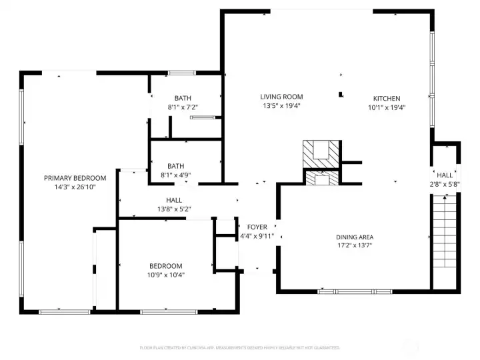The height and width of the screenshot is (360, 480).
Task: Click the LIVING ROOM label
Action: click(281, 97)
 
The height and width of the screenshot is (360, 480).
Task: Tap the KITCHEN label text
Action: click(386, 99)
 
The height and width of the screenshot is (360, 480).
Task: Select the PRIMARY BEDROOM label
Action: click(75, 178)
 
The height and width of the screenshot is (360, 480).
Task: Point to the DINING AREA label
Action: click(354, 237)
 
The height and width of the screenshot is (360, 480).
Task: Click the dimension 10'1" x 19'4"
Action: click(386, 107)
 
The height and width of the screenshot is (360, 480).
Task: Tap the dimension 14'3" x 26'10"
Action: click(75, 187)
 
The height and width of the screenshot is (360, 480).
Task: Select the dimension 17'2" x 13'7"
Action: click(354, 246)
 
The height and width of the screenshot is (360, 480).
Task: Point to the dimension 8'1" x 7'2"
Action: click(183, 107)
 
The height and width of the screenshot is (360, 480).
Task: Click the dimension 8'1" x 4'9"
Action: click(176, 175)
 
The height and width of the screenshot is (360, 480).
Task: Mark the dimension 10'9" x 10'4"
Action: click(165, 274)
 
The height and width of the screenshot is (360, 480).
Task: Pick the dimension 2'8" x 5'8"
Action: click(445, 184)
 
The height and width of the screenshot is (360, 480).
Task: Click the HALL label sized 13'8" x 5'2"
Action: click(174, 200)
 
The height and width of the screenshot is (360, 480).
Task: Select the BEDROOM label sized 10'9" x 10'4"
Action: click(165, 265)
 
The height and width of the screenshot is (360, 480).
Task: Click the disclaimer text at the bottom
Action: click(240, 347)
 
